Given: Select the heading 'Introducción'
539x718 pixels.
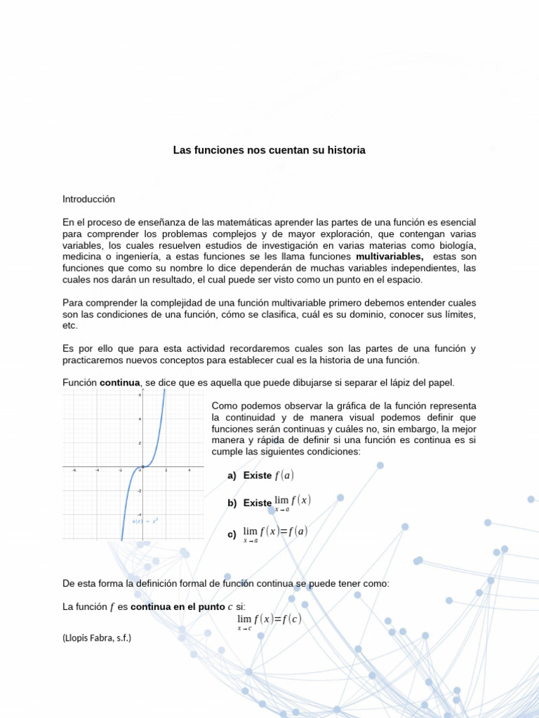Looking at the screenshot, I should pos(88,199).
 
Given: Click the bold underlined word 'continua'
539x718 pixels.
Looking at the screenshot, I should pos(121,382).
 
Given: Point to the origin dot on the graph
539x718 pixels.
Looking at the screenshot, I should pos(142,467).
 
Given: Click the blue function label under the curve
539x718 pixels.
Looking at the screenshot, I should pos(145,520).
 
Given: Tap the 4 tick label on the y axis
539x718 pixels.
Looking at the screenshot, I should pos(140,419).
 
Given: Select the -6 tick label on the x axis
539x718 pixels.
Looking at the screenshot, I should pos(74,471).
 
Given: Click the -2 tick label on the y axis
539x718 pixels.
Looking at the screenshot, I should pos(139,491).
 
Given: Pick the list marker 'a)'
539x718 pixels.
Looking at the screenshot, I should pos(232,475).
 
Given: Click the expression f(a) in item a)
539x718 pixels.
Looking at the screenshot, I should pos(284,475).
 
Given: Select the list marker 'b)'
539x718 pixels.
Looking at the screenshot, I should pos(232,503).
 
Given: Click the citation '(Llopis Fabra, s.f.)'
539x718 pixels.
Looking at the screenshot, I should pos(97,637).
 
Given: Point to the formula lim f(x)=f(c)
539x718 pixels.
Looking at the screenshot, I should pos(269,621).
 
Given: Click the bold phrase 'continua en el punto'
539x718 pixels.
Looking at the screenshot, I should pos(173,607).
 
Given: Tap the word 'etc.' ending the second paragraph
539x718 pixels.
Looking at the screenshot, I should pos(69,325).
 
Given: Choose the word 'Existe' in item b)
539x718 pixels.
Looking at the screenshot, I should pos(258,503).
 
